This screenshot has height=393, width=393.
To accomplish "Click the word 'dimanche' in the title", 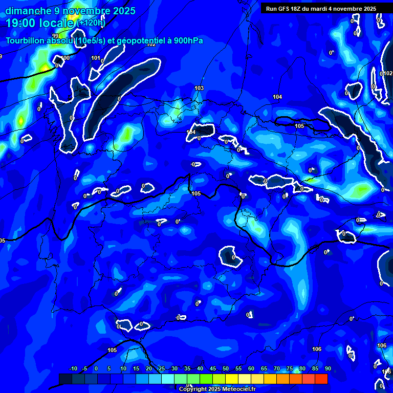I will pos(28,11).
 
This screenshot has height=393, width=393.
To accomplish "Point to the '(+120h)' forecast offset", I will pos(91,23).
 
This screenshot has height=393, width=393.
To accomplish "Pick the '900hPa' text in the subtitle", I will pos(186,40).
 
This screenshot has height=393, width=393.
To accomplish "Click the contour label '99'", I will pos(55,50).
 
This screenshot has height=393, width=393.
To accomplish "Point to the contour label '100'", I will pos(65,58).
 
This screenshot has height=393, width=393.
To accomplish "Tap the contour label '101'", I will pos(96,58).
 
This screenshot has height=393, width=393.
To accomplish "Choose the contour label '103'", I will pos(199,88).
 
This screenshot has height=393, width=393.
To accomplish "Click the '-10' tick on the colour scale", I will pos(73,368).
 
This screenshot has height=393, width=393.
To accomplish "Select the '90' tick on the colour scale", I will pos(327,368).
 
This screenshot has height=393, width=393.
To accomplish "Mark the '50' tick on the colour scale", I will pos(226,368).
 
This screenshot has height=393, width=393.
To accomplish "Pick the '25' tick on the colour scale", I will pos(162,368).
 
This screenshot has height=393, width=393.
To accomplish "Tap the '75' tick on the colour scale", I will pos(290,368).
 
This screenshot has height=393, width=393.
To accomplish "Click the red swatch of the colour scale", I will pos(321,379).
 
